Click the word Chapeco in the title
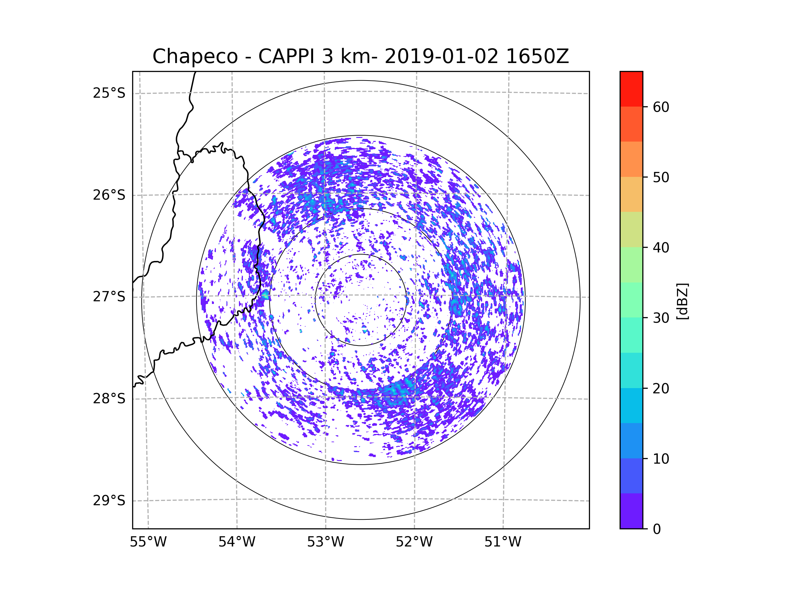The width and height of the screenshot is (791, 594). click(195, 56)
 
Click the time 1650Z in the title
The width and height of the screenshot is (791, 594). click(537, 56)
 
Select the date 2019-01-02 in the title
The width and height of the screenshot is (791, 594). click(441, 56)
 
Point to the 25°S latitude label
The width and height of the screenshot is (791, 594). click(109, 93)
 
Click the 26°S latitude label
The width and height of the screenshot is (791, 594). click(109, 195)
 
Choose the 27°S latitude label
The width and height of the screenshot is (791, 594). click(109, 297)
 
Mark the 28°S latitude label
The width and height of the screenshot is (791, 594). click(109, 399)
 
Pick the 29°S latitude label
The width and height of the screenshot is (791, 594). click(109, 501)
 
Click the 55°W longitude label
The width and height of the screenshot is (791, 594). click(148, 542)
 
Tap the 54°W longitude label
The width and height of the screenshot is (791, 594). click(237, 542)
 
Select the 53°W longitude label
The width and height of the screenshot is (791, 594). click(325, 542)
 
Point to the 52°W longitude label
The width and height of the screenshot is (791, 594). click(414, 542)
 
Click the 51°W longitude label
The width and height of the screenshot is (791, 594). click(503, 542)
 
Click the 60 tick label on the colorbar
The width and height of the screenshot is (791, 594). click(661, 107)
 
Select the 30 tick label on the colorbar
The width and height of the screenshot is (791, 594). click(661, 318)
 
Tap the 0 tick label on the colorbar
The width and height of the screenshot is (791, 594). click(657, 529)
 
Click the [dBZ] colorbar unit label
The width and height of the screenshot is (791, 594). click(682, 302)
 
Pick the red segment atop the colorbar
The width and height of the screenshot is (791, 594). click(631, 89)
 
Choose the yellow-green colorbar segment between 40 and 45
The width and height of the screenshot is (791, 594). click(631, 229)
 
